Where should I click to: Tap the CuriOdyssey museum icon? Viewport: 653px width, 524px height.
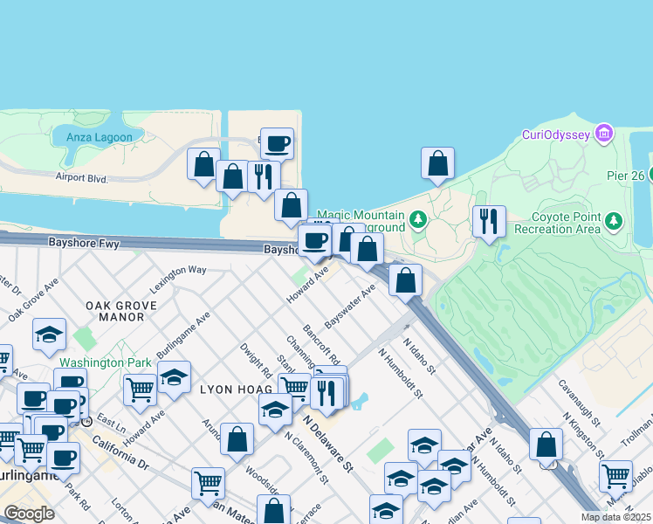tap(602, 134)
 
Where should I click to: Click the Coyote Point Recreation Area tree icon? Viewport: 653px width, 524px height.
tap(615, 221)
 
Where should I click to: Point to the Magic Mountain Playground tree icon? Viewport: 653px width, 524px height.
tap(417, 218)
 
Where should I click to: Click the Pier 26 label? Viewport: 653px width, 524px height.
tap(625, 176)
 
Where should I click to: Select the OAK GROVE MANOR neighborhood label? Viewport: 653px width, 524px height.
tap(114, 311)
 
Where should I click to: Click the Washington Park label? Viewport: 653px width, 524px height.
tap(96, 362)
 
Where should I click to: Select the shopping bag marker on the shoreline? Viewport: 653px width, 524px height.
tap(437, 163)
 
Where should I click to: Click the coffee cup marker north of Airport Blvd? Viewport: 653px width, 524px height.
tap(277, 144)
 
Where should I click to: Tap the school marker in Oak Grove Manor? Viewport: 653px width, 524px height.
tap(50, 334)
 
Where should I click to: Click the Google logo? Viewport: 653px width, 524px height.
tap(29, 514)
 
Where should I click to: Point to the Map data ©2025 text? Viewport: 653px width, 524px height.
tap(615, 517)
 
